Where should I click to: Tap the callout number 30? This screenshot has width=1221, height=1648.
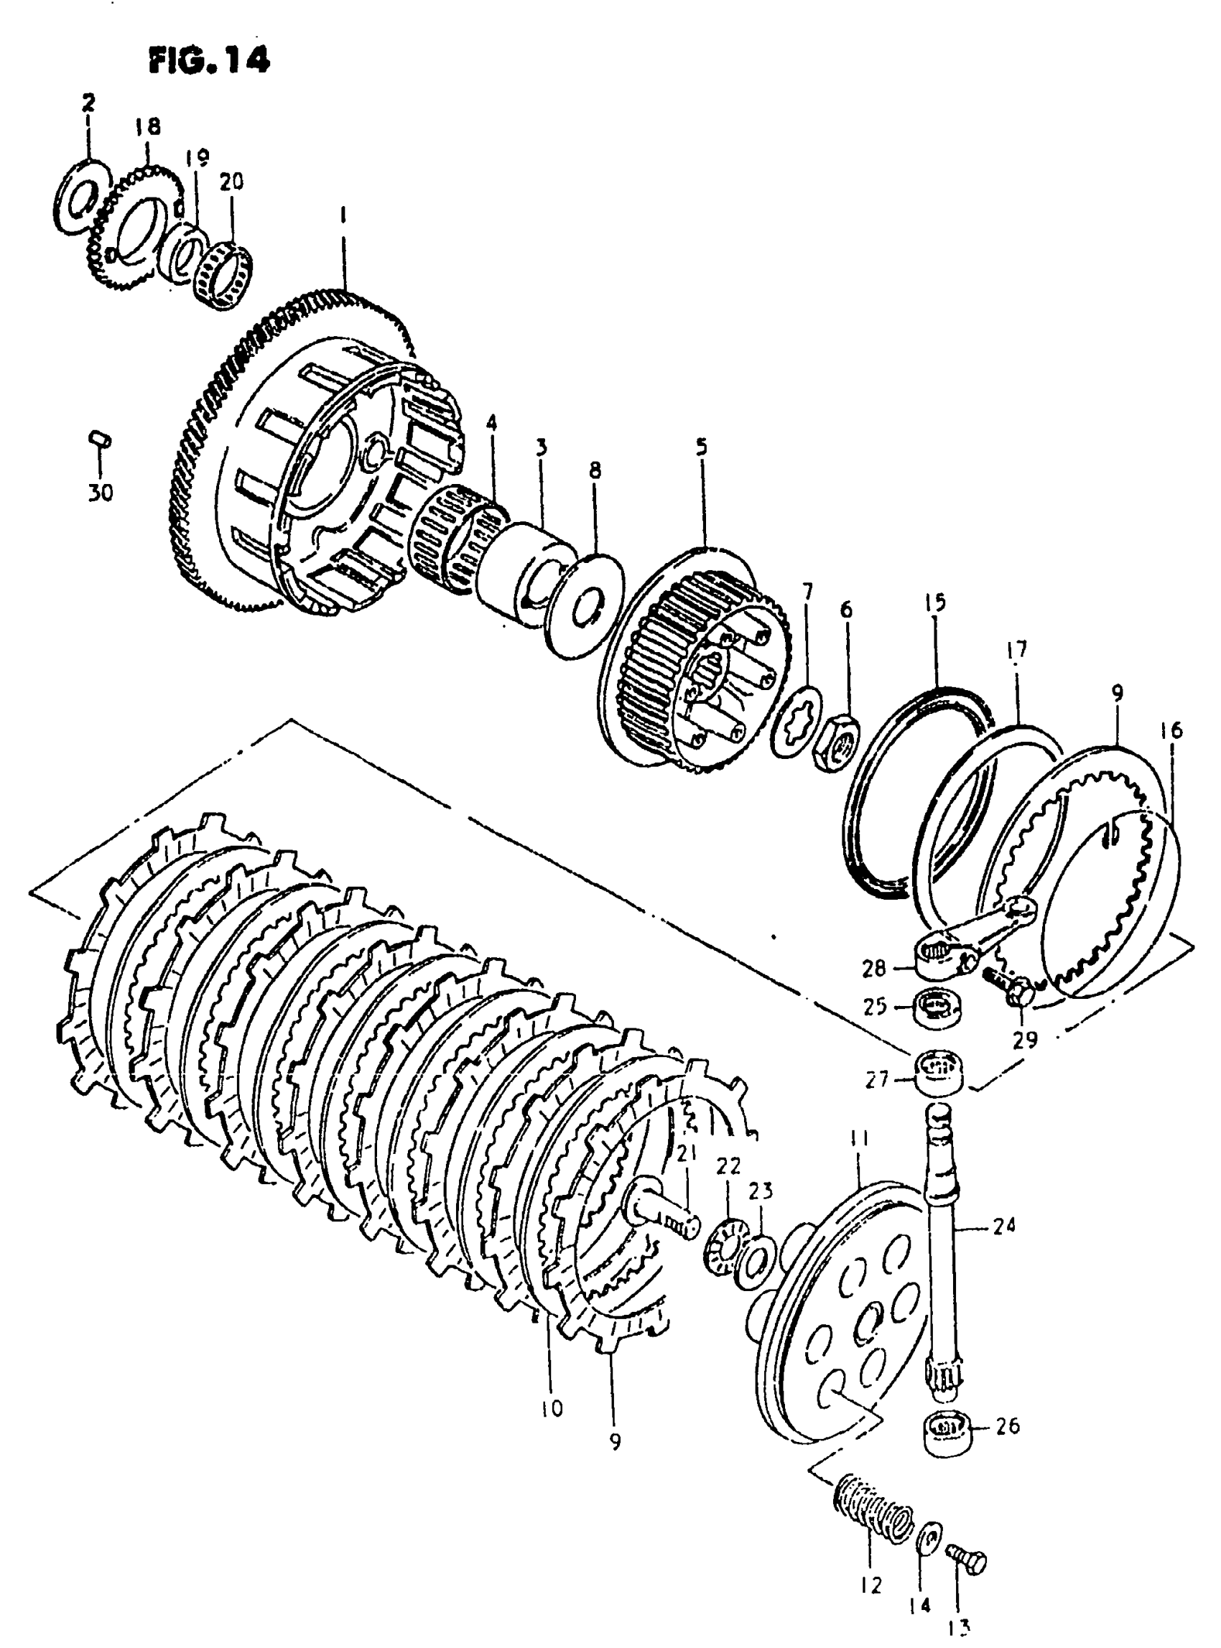[x=101, y=492]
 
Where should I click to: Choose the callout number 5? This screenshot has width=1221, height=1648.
[x=701, y=447]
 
